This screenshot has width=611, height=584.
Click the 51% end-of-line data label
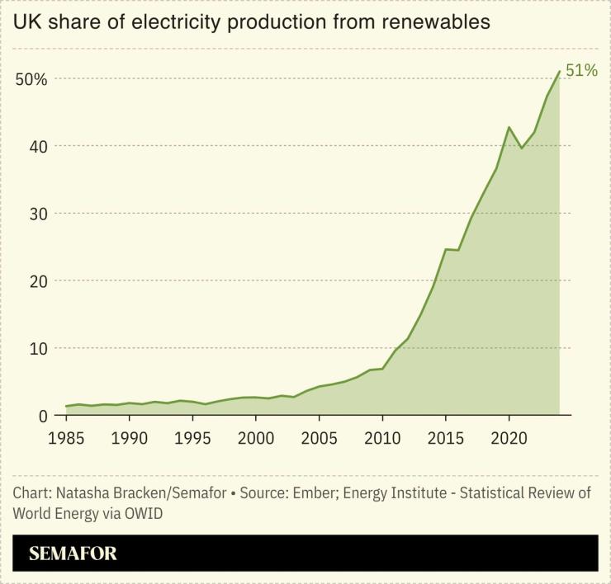(x=581, y=71)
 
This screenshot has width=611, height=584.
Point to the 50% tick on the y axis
(x=30, y=79)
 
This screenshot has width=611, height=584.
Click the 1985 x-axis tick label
(x=65, y=436)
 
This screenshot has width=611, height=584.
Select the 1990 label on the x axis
(x=129, y=436)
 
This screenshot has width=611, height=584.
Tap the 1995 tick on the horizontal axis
(x=192, y=436)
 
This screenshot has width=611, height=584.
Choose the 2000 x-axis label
(x=256, y=436)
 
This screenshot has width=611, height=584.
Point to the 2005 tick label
(x=319, y=436)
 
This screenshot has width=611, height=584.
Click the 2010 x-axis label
(x=382, y=436)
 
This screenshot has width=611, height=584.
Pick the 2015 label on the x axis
(x=446, y=436)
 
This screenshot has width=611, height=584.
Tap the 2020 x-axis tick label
(x=509, y=436)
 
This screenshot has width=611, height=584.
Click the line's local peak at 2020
(x=509, y=127)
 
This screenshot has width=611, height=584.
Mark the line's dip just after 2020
(x=522, y=148)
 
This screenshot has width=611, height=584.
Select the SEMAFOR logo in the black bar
(x=73, y=553)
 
